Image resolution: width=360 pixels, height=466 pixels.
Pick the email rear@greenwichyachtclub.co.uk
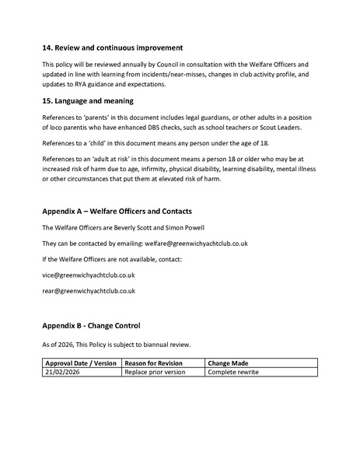[89, 291]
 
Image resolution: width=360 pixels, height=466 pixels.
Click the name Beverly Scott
[132, 228]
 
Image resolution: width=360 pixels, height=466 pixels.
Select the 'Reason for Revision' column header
[156, 363]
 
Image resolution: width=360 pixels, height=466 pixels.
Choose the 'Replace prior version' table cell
[158, 373]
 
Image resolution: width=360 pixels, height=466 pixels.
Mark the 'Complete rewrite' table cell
[233, 373]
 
